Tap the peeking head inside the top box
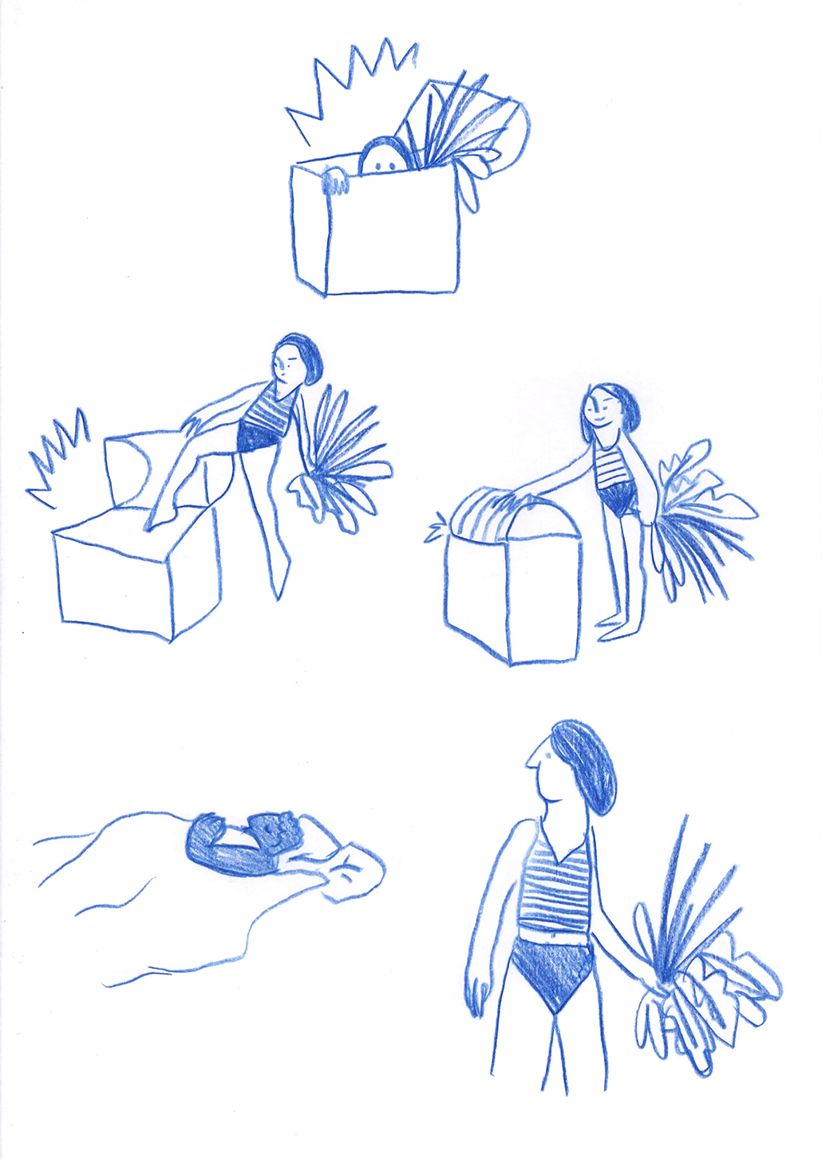click(384, 157)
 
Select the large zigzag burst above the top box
click(351, 80)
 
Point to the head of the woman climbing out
click(295, 362)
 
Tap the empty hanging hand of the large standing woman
click(478, 990)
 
